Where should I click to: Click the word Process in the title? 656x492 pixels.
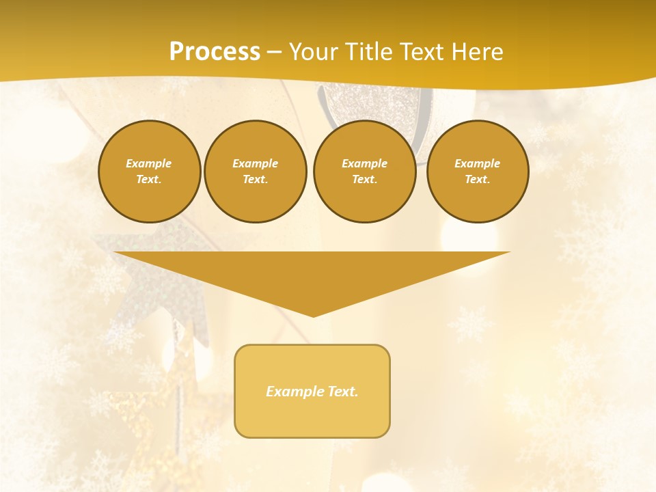(x=215, y=52)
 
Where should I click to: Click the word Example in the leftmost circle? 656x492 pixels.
(x=149, y=163)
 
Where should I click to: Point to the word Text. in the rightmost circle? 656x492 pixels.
(x=477, y=179)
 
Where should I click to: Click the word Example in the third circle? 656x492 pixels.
(x=364, y=163)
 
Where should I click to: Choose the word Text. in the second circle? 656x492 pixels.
(x=255, y=179)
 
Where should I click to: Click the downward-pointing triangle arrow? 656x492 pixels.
(x=312, y=273)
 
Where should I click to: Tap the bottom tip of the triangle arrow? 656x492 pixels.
(x=313, y=314)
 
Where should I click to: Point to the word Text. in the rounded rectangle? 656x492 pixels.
(x=343, y=392)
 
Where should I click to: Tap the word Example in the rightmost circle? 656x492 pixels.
(x=477, y=163)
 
